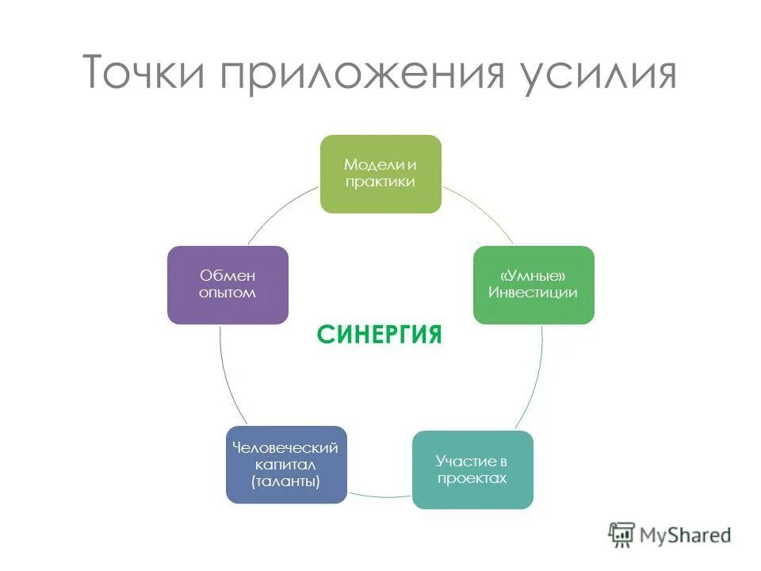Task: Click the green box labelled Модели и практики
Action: (x=380, y=174)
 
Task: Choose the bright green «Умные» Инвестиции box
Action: (x=533, y=285)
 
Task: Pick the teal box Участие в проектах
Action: (x=472, y=469)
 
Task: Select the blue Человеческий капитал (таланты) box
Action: (x=286, y=465)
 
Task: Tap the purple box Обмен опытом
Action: (x=228, y=285)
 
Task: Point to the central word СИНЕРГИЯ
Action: (x=380, y=334)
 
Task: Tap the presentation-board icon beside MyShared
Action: (x=621, y=535)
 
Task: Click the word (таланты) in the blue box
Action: (x=286, y=481)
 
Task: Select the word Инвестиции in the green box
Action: (x=533, y=293)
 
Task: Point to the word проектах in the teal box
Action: (x=472, y=478)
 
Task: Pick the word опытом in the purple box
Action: (x=228, y=293)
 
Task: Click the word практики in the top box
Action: (x=380, y=182)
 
